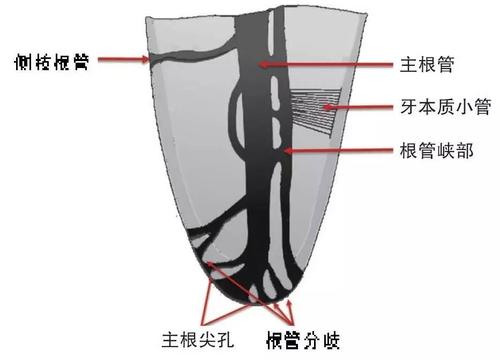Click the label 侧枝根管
coord(47,59)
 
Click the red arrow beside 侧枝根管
coord(121,60)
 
